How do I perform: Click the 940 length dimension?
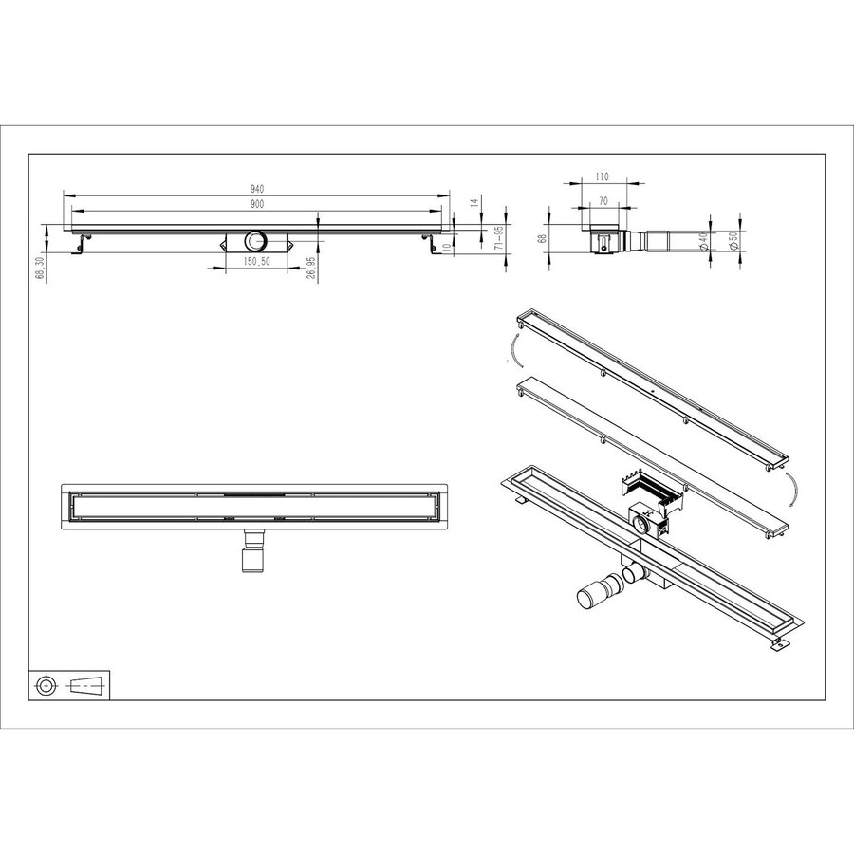256,188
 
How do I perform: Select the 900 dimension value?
256,203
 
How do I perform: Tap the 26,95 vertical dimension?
311,268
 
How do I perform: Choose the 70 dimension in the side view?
603,201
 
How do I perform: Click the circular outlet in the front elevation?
255,241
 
